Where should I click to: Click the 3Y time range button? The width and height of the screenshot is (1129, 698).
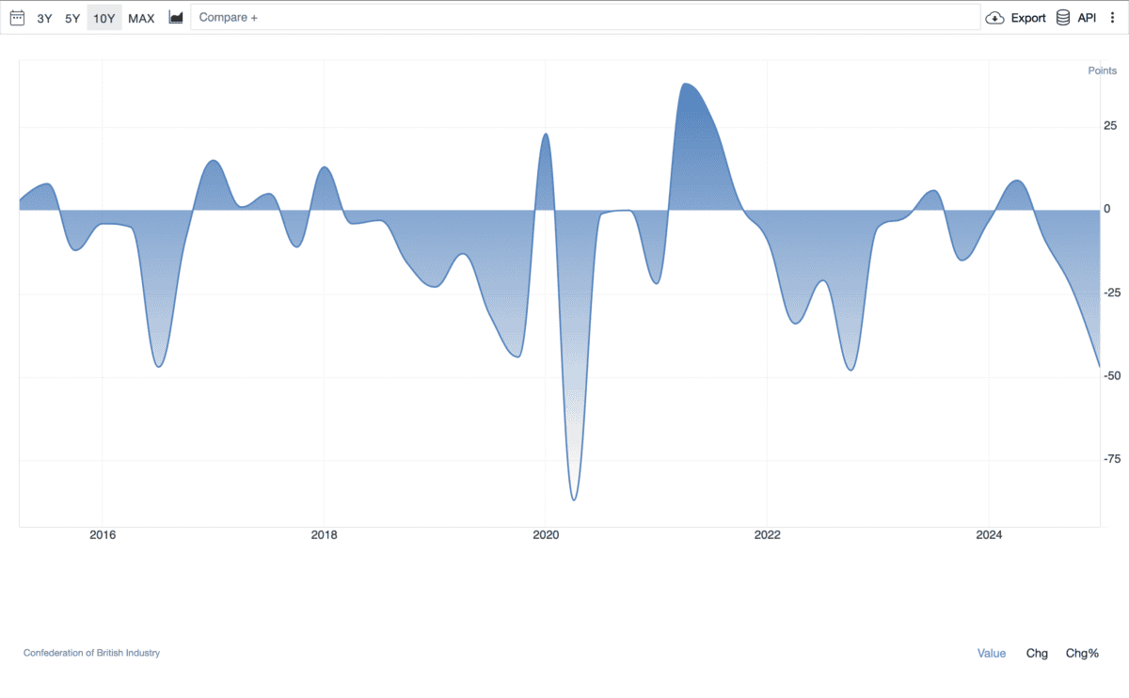coord(44,18)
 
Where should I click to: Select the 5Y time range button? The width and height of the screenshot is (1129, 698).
coord(72,18)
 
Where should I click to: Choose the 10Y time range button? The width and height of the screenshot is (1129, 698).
coord(104,18)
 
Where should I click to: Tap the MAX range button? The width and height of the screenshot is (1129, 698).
coord(141,18)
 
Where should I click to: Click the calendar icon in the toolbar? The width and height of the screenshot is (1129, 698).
coord(17,18)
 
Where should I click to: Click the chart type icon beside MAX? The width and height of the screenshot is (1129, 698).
coord(176,18)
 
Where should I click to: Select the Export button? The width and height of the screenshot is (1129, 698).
coord(1016,18)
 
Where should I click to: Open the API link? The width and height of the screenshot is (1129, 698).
coord(1076,18)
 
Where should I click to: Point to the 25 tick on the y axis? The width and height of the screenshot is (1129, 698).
coord(1110,126)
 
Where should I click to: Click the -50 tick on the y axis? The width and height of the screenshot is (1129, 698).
coord(1112,376)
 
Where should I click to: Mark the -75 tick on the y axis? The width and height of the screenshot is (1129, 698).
coord(1112,459)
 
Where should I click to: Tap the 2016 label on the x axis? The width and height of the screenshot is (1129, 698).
coord(102,535)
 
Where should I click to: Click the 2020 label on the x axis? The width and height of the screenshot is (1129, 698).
coord(546,535)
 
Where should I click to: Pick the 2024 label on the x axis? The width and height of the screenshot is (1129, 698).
coord(989,535)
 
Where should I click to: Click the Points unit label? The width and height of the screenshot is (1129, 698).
coord(1103,71)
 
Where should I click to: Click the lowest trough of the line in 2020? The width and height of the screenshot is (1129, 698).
coord(574,500)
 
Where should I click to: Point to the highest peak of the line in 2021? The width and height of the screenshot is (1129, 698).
coord(686,84)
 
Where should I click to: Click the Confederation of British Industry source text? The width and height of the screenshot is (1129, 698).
coord(91,653)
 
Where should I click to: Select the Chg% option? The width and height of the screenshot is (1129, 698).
coord(1082,653)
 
